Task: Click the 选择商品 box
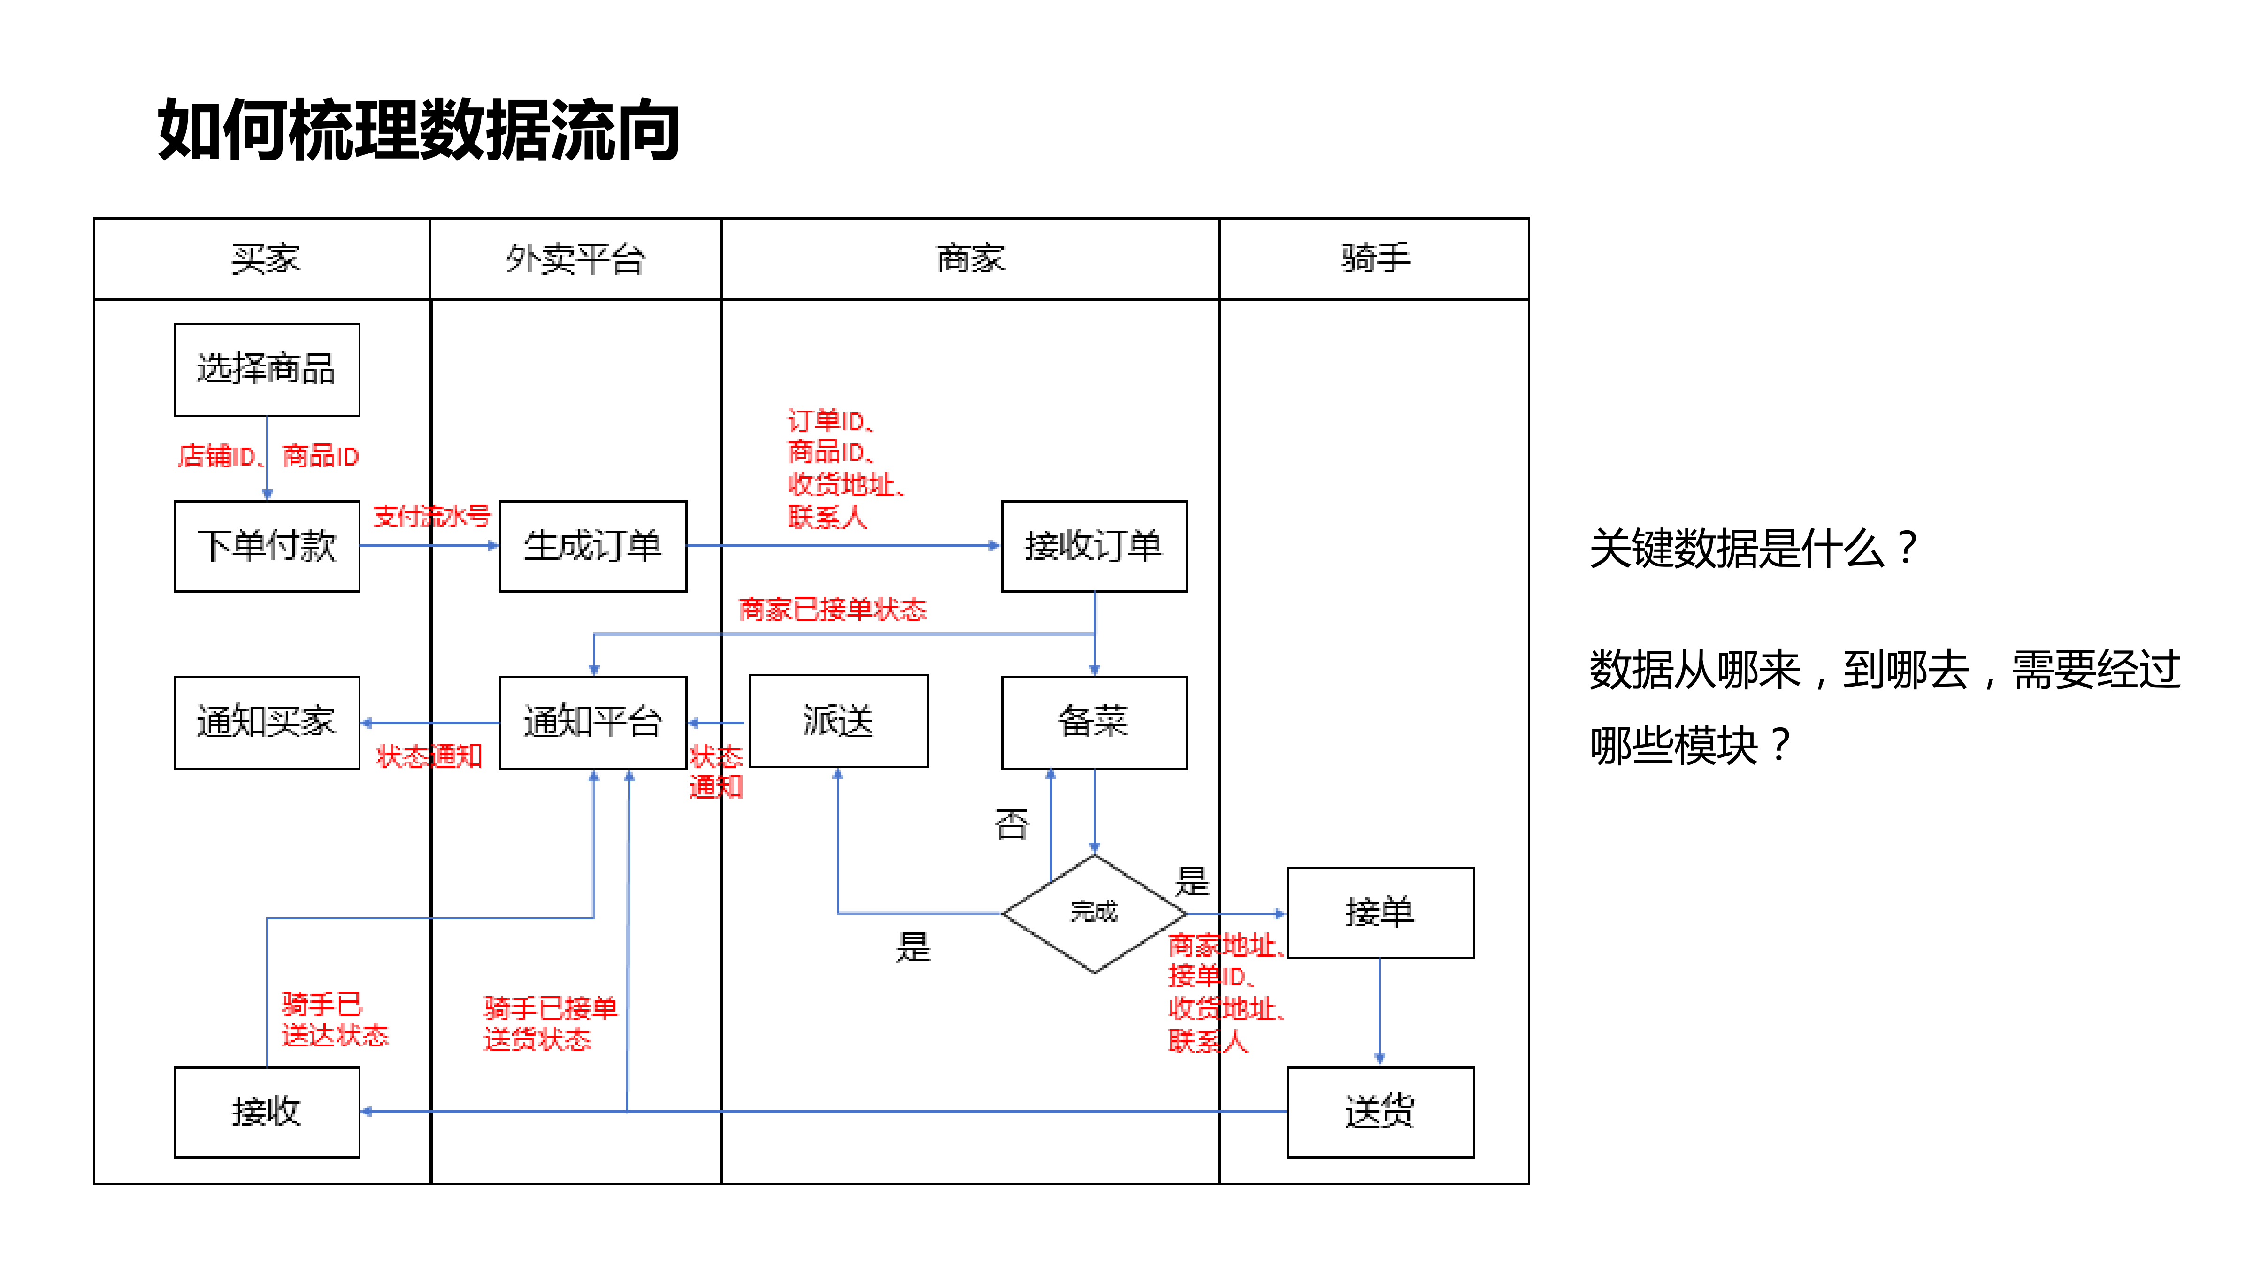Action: (267, 369)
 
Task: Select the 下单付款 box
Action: (267, 546)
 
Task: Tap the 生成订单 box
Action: (592, 546)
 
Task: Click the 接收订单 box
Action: (1093, 546)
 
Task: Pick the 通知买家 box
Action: (267, 722)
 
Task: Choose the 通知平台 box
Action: (592, 722)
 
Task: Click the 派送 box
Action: (838, 720)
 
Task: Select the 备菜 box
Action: (1093, 722)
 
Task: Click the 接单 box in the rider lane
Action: (1379, 912)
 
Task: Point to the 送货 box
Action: (1379, 1111)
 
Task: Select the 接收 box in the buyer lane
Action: (267, 1111)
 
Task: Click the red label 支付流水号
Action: (431, 516)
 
